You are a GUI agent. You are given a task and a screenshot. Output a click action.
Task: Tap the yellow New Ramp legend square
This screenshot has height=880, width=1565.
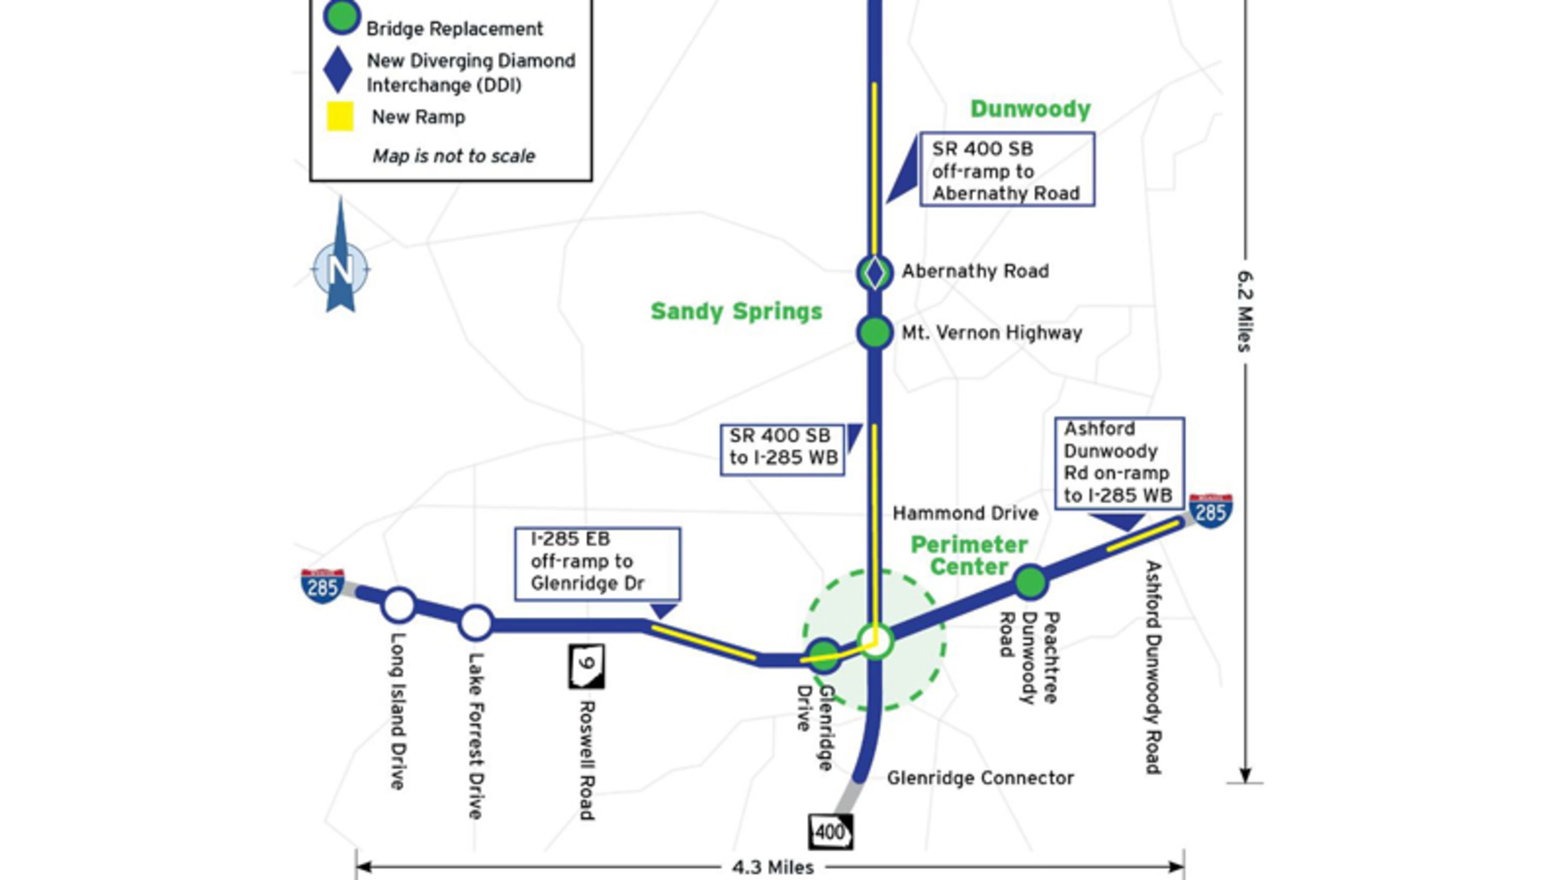pyautogui.click(x=340, y=117)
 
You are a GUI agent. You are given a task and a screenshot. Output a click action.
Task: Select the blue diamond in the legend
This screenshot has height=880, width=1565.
pyautogui.click(x=338, y=70)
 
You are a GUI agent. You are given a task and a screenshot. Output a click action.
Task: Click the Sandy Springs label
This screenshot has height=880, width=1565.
pyautogui.click(x=736, y=312)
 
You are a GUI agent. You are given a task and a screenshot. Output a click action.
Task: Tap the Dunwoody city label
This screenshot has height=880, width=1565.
pyautogui.click(x=1030, y=109)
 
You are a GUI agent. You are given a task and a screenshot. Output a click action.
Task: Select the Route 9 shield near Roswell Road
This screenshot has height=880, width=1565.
pyautogui.click(x=586, y=666)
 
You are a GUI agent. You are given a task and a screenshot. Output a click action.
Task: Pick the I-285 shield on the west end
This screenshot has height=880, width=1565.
pyautogui.click(x=323, y=585)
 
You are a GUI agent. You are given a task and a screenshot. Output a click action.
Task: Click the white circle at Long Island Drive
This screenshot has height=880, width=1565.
pyautogui.click(x=399, y=605)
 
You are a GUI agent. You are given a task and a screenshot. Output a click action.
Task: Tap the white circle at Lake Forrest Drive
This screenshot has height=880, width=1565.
pyautogui.click(x=476, y=623)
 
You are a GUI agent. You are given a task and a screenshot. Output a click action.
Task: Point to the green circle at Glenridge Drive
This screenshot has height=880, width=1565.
pyautogui.click(x=824, y=655)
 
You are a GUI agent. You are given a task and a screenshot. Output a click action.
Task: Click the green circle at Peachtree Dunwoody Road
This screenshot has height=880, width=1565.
pyautogui.click(x=1030, y=582)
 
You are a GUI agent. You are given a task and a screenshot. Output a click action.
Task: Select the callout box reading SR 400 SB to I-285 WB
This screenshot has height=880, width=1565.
pyautogui.click(x=782, y=449)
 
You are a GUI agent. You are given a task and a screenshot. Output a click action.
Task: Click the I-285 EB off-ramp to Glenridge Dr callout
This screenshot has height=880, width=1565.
pyautogui.click(x=597, y=563)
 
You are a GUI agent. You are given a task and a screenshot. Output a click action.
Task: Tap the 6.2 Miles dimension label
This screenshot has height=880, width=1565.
pyautogui.click(x=1245, y=311)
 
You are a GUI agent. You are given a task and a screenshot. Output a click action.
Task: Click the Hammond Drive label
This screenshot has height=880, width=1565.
pyautogui.click(x=965, y=514)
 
